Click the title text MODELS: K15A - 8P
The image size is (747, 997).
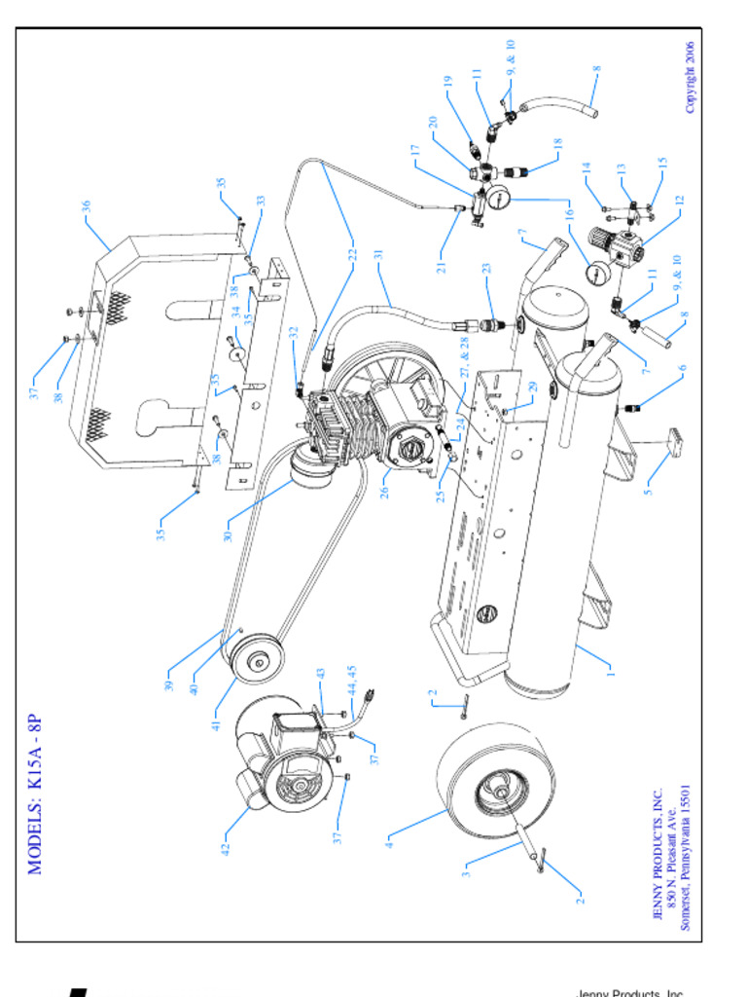point(36,795)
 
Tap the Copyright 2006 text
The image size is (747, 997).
point(690,77)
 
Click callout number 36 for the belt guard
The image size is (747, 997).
point(87,206)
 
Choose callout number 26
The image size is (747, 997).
point(385,493)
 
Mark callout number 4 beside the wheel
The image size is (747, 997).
point(390,834)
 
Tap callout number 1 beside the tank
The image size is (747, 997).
point(611,670)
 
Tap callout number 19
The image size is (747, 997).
point(449,82)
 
